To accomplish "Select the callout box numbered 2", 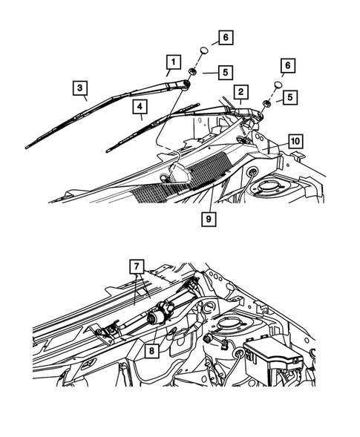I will pyautogui.click(x=240, y=92).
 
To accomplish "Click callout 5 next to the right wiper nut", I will pyautogui.click(x=290, y=96).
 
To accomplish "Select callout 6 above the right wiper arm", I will pyautogui.click(x=288, y=65).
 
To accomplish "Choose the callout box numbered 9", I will pyautogui.click(x=209, y=219).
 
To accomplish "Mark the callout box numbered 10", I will pyautogui.click(x=295, y=140).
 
